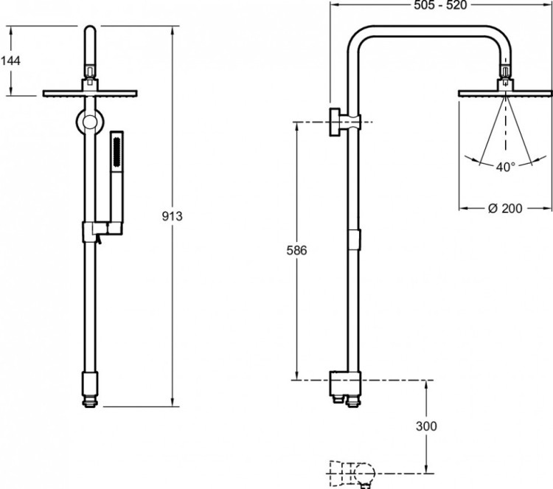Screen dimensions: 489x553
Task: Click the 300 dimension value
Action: pyautogui.click(x=427, y=426)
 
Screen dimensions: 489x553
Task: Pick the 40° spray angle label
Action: pyautogui.click(x=505, y=167)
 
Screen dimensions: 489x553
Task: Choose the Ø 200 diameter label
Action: pyautogui.click(x=506, y=209)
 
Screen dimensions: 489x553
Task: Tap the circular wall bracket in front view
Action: pyautogui.click(x=90, y=122)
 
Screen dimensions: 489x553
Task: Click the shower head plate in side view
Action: pyautogui.click(x=506, y=92)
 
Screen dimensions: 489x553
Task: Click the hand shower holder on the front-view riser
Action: pyautogui.click(x=95, y=232)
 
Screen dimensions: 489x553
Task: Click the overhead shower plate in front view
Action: pyautogui.click(x=90, y=93)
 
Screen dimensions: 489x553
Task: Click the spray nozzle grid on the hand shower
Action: pyautogui.click(x=116, y=150)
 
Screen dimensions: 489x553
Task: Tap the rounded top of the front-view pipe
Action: pyautogui.click(x=90, y=33)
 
